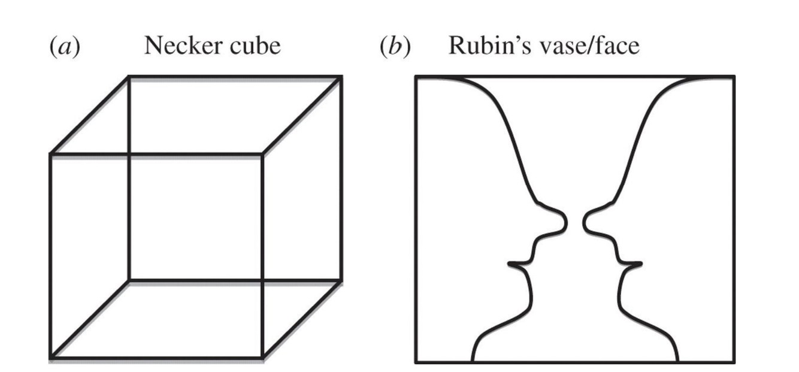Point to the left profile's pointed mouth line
click(510, 264)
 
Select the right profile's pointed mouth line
click(640, 264)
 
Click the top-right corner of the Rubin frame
click(734, 77)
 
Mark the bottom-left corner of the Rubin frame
click(416, 362)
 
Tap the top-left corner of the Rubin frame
click(416, 77)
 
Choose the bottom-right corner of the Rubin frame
click(734, 362)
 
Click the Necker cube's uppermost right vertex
click(341, 77)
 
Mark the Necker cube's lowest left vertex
click(51, 358)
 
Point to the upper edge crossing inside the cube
click(129, 155)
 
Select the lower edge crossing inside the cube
click(262, 280)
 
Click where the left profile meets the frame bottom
click(473, 361)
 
